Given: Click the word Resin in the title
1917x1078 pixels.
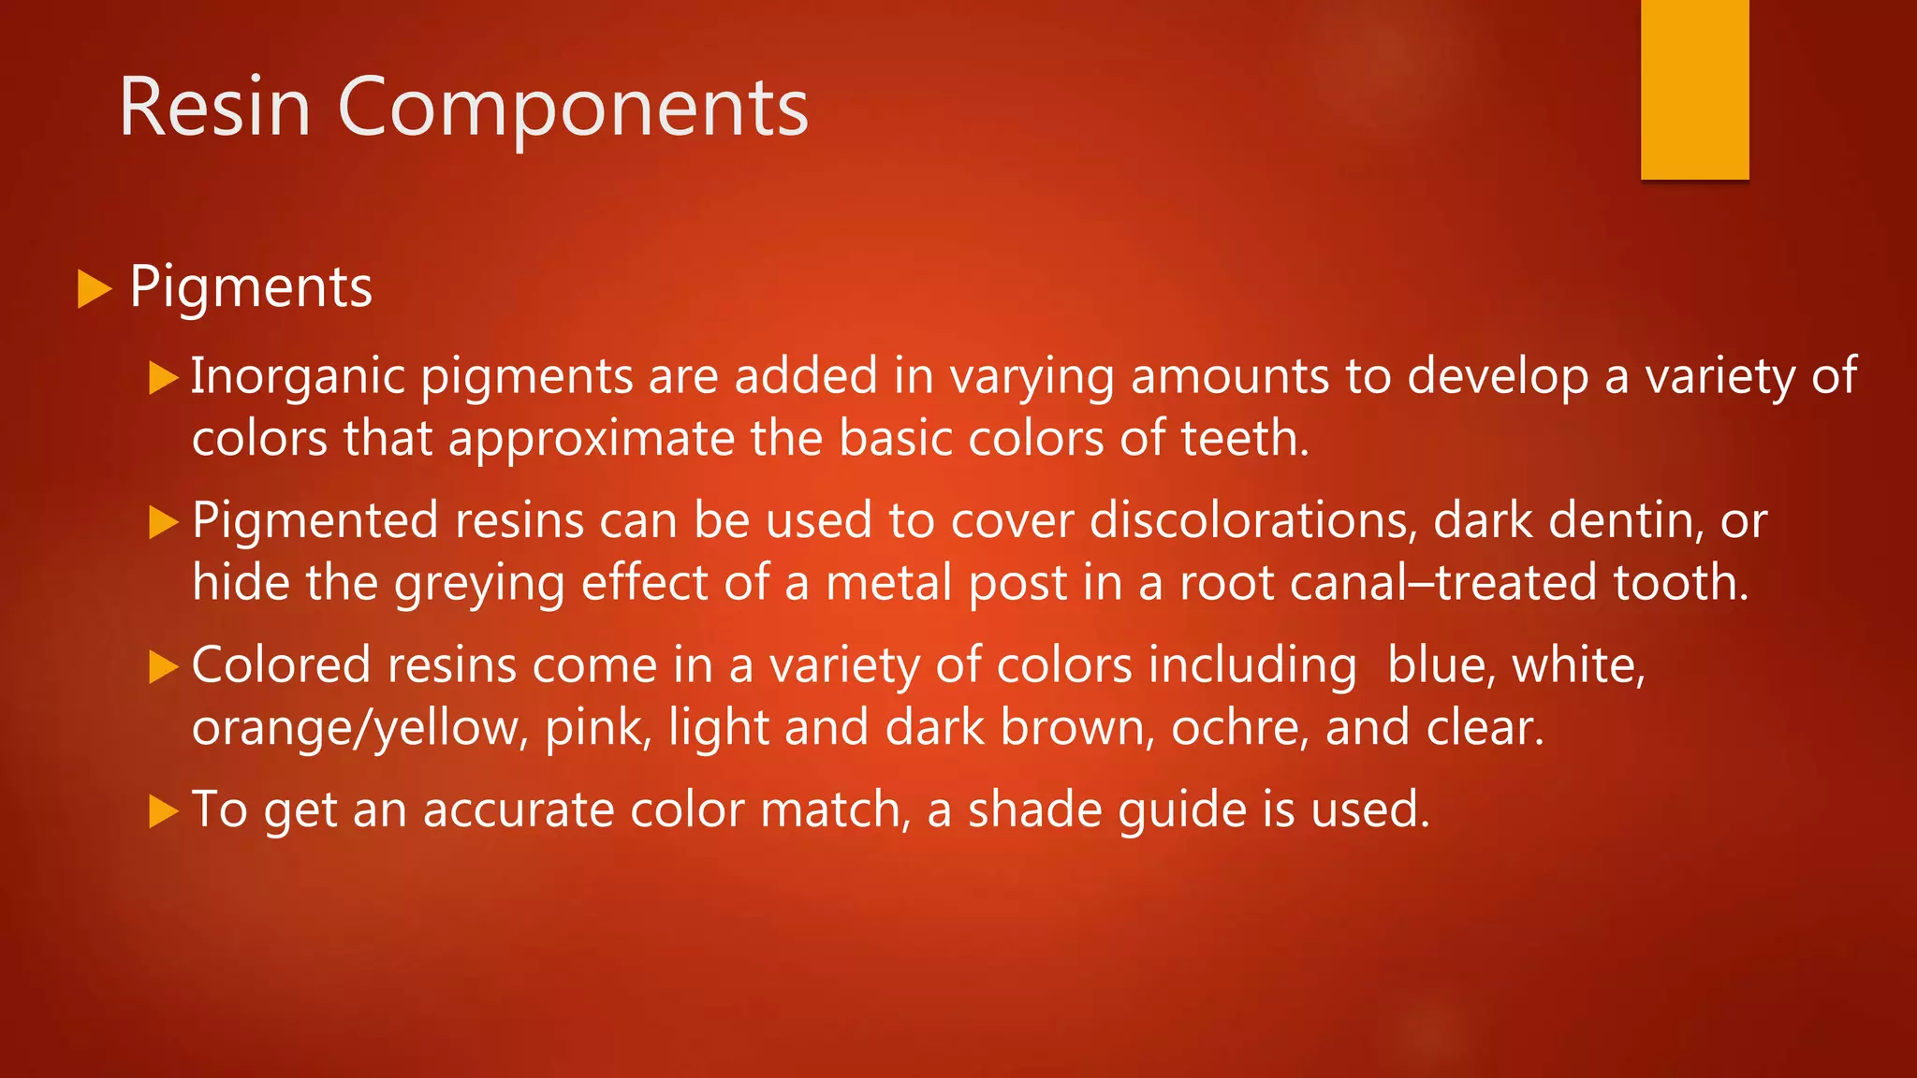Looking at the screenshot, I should coord(214,109).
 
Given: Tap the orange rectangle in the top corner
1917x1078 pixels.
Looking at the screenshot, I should coord(1694,89).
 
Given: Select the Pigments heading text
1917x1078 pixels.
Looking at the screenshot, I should coord(251,286).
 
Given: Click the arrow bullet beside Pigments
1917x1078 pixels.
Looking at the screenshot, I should coord(94,288).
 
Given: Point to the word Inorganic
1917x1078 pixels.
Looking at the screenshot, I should coord(297,376).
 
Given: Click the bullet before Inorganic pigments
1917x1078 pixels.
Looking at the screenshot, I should coord(163,378).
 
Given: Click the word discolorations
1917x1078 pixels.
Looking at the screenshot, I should coord(1252,520).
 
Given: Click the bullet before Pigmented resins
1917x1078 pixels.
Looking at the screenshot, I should coord(163,522).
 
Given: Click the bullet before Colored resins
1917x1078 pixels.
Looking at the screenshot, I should coord(163,667).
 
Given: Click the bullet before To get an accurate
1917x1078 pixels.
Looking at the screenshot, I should coord(163,811).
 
